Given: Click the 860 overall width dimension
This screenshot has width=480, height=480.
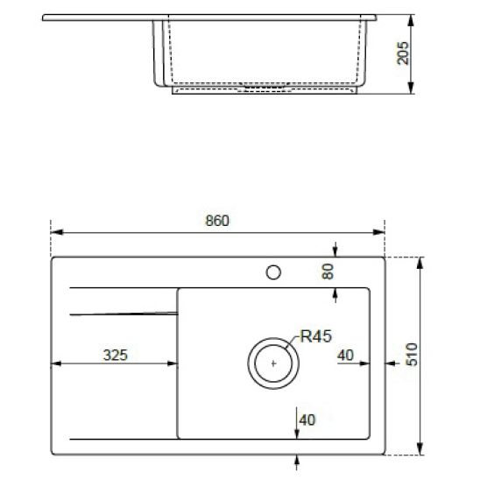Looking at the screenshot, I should click(217, 222).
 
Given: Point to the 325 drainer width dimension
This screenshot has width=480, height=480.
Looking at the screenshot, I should click(116, 355).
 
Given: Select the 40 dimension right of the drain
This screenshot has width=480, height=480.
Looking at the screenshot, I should click(344, 355).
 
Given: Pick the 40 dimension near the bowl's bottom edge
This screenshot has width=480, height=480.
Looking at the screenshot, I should click(307, 420).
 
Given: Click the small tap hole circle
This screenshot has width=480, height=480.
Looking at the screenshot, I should click(273, 272).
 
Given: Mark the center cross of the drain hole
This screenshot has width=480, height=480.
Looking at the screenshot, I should click(273, 362).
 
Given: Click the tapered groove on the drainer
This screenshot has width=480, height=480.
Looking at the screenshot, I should click(123, 310).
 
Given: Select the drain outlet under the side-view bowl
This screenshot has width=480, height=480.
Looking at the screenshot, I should click(263, 88).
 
